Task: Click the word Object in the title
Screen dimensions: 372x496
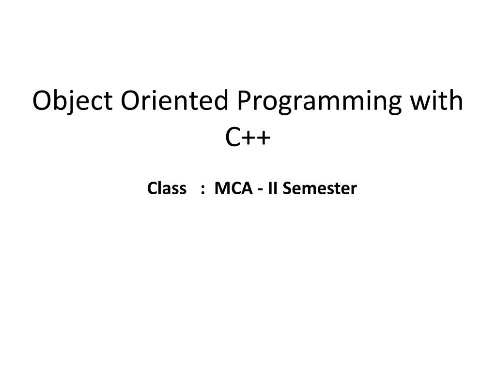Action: click(x=72, y=101)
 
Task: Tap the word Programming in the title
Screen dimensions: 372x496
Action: click(x=320, y=102)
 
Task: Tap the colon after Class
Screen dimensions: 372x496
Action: click(x=201, y=189)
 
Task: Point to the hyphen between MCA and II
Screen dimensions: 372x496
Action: click(x=261, y=189)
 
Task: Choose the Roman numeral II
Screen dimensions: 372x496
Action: click(x=273, y=188)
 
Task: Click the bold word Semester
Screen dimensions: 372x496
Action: click(x=320, y=188)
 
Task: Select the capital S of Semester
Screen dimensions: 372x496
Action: click(x=287, y=188)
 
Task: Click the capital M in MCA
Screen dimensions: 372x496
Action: click(x=221, y=188)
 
